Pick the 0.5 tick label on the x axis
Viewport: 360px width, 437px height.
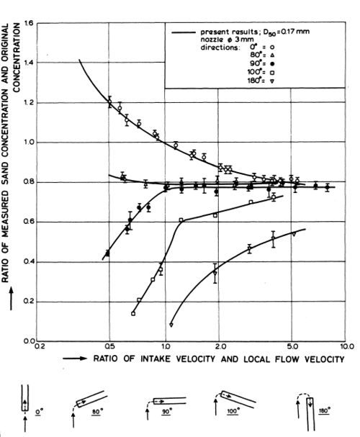[x=109, y=347]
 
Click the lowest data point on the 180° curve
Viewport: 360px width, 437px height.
[x=171, y=325]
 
